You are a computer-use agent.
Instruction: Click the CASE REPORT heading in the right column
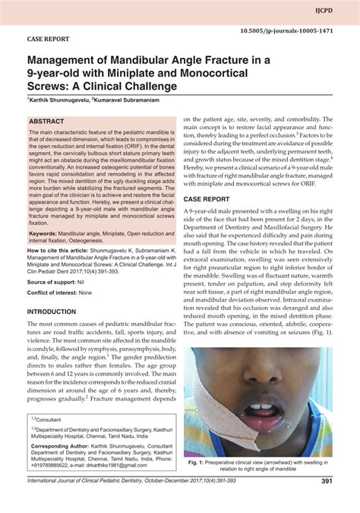coord(207,198)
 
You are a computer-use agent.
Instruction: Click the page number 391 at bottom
coord(327,480)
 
